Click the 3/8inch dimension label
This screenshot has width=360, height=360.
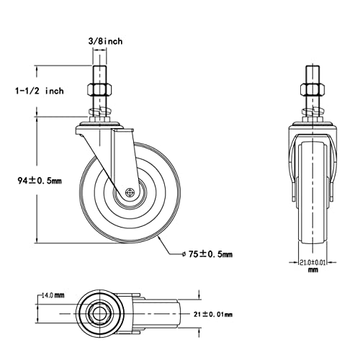106,41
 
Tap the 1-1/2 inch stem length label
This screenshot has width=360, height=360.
40,91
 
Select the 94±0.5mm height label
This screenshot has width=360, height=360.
40,180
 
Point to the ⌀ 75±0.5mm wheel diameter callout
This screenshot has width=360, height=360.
207,254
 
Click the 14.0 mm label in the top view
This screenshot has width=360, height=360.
53,295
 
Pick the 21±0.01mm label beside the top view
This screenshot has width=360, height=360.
213,314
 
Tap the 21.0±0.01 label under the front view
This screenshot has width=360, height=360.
312,262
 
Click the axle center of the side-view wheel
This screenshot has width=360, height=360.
130,192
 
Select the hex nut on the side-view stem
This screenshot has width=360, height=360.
99,89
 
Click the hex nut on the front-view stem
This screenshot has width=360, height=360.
312,89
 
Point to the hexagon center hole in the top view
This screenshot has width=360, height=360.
99,313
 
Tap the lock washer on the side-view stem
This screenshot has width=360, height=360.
99,111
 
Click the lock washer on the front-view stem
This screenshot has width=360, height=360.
312,111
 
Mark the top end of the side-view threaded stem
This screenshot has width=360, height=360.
99,66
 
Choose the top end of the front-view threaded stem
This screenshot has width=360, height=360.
312,66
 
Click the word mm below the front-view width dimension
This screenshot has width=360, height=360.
312,270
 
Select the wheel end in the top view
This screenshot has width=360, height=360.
178,313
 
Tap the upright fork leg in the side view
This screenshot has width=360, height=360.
123,158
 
